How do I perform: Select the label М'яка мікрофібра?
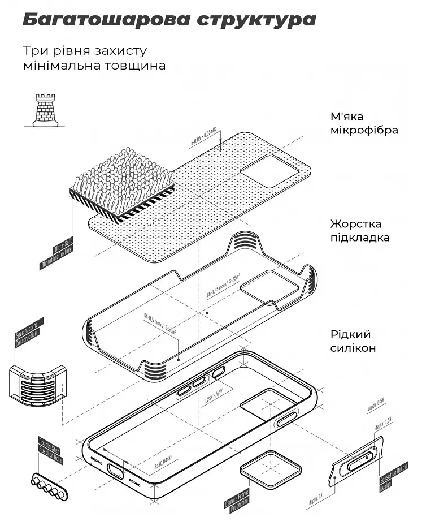coord(364,123)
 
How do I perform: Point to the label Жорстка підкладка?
coord(360,231)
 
